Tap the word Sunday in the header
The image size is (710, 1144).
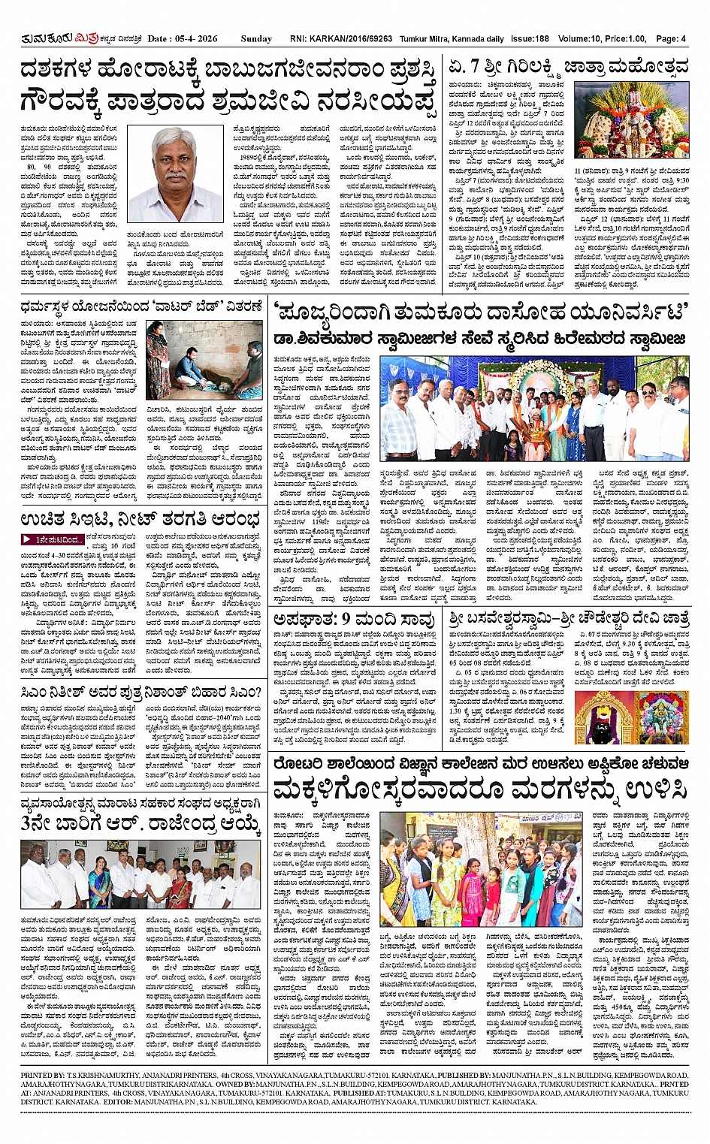tap(256, 38)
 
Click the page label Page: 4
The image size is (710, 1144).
tap(671, 38)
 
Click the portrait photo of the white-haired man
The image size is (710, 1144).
tap(175, 174)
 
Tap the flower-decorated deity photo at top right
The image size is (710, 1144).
tap(630, 119)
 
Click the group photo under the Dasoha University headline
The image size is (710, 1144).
tap(533, 409)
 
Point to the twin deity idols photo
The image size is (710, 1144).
tap(631, 719)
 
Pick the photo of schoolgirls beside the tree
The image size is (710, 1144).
tap(481, 868)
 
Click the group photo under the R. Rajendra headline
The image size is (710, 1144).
tap(131, 874)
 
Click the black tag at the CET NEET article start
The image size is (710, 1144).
tap(53, 539)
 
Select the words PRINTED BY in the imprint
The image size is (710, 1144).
tap(43, 1076)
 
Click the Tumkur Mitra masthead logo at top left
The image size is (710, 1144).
tap(50, 38)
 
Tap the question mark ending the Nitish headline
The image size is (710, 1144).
tap(258, 691)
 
